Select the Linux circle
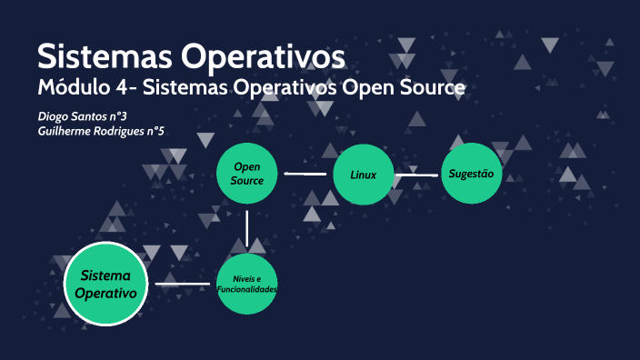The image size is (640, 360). point(364,174)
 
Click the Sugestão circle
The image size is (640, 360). point(471,173)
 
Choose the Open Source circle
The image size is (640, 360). point(247,174)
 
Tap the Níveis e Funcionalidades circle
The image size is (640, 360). point(246,284)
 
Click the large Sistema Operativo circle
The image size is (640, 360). point(105,285)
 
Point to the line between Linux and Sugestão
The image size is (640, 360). point(417,175)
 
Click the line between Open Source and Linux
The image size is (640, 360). point(305,173)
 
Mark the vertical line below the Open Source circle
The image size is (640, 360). point(247,227)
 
